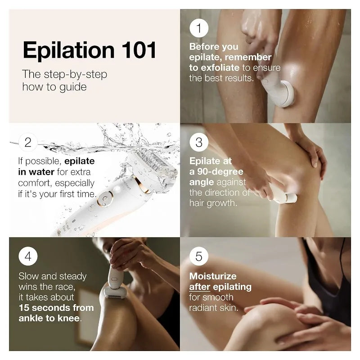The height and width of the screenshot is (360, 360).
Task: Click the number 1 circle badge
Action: pyautogui.click(x=199, y=28)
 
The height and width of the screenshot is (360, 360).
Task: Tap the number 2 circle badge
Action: pyautogui.click(x=28, y=142)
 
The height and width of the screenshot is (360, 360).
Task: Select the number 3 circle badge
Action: pyautogui.click(x=199, y=142)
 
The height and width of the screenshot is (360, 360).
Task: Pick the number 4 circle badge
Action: pyautogui.click(x=28, y=256)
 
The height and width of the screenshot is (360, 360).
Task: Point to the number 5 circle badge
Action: pyautogui.click(x=199, y=256)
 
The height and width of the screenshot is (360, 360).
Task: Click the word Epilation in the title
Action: pyautogui.click(x=69, y=50)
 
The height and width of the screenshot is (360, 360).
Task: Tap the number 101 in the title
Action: pyautogui.click(x=139, y=50)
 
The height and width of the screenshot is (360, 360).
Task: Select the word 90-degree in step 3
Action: pyautogui.click(x=220, y=172)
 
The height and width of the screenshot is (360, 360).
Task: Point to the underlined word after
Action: pyautogui.click(x=199, y=287)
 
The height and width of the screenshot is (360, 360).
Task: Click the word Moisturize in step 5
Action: pyautogui.click(x=213, y=276)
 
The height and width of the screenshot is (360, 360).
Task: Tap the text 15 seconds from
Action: pyautogui.click(x=56, y=308)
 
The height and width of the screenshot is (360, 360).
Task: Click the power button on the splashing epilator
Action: pyautogui.click(x=105, y=198)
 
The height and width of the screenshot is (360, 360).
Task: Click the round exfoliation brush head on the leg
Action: pyautogui.click(x=283, y=94)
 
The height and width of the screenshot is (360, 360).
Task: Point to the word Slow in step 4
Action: pyautogui.click(x=28, y=276)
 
